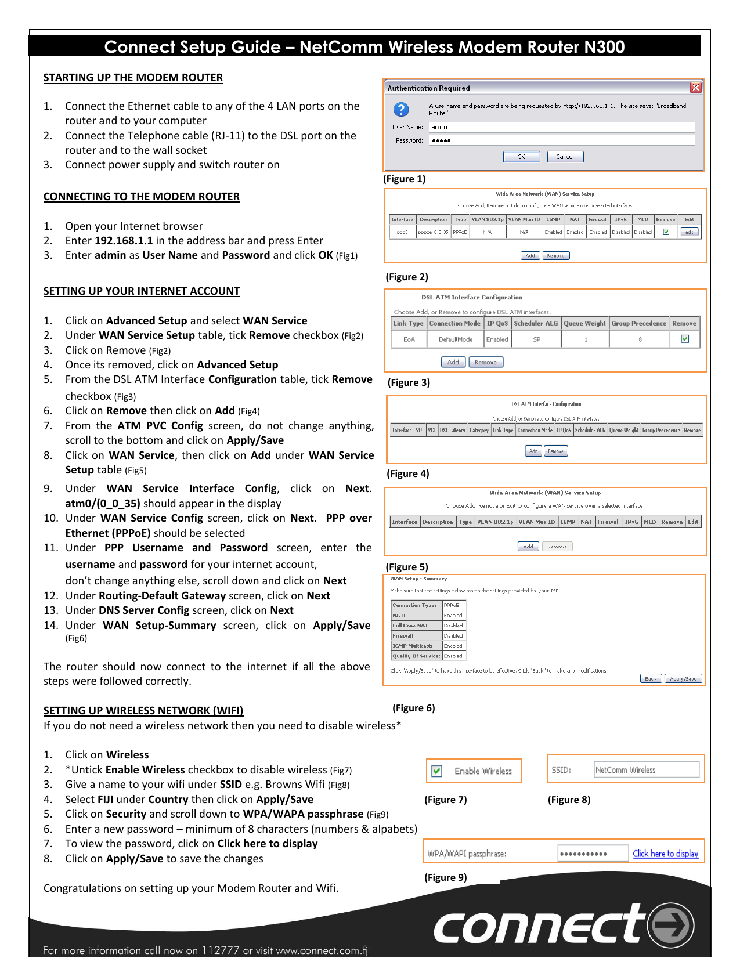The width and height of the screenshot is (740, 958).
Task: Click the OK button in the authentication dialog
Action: coord(521,157)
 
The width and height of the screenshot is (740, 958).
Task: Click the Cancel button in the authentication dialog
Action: coord(565,157)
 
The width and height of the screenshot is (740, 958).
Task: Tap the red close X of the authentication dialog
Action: coord(695,88)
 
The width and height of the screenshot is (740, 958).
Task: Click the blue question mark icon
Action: coord(401,109)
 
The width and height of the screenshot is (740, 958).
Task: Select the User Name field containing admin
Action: coord(561,127)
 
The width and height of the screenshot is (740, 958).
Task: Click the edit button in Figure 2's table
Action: coord(689,232)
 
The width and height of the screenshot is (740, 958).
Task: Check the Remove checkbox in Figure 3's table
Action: coord(685,339)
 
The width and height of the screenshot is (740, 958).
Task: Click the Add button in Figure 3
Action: coord(453,362)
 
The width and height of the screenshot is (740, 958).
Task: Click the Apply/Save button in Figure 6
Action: coord(683,679)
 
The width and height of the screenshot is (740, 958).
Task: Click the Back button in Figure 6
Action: coord(650,679)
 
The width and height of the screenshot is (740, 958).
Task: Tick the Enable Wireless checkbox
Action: coord(437,771)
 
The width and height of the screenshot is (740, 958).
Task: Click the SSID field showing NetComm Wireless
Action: coord(646,770)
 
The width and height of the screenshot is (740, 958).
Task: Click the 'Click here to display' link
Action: coord(665,854)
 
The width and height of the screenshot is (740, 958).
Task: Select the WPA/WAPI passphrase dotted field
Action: coord(593,854)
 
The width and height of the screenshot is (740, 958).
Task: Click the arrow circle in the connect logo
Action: coord(671,925)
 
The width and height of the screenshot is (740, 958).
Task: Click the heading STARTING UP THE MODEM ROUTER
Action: coord(133,78)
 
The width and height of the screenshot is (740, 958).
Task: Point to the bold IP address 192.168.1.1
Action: coord(124,241)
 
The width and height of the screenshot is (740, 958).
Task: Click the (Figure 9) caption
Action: coord(445,877)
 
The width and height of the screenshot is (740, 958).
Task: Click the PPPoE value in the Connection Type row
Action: coord(452,605)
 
